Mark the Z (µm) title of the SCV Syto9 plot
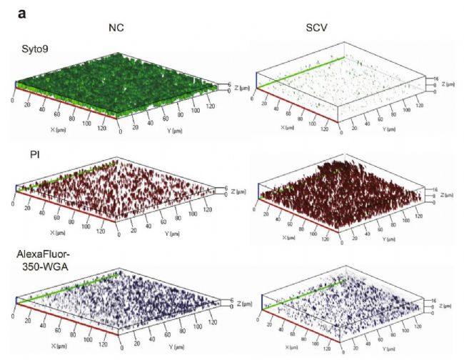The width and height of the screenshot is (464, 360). [446, 85]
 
